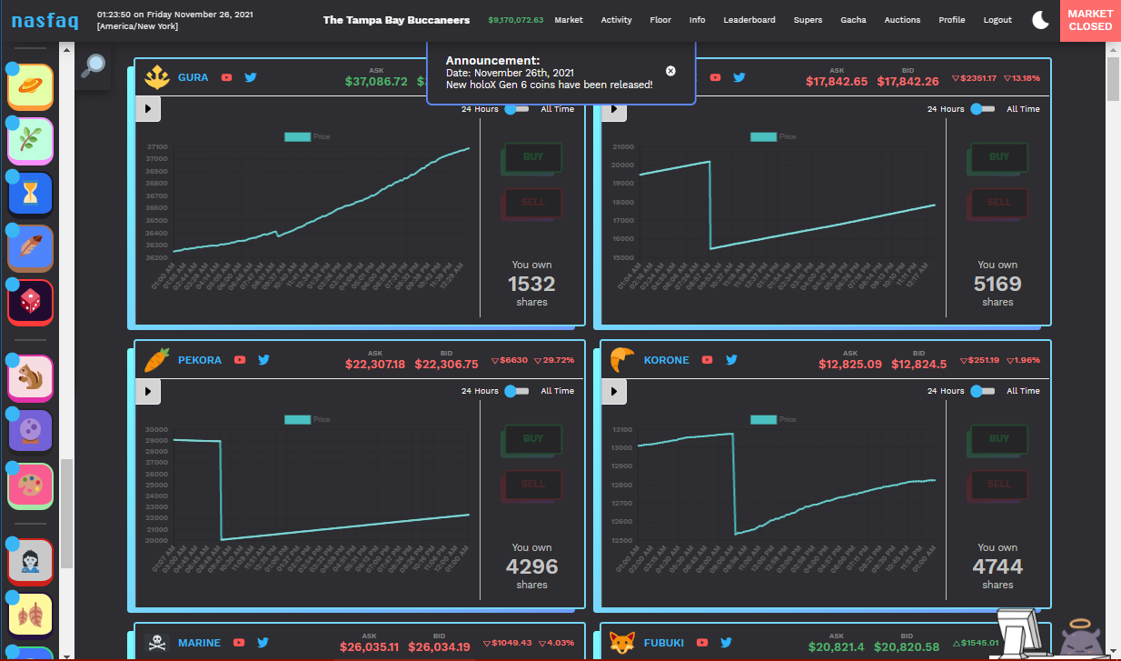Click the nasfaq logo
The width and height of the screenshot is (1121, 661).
tap(45, 20)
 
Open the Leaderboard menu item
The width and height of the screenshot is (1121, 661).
tap(749, 20)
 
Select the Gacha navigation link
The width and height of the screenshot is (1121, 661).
tap(853, 20)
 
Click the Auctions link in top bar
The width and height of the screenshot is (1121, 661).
tap(902, 20)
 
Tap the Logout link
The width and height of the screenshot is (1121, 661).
tap(997, 20)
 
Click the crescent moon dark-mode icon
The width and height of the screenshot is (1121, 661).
tap(1041, 20)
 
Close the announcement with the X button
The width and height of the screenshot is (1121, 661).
tap(670, 71)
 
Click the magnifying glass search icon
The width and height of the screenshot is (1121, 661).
tap(93, 65)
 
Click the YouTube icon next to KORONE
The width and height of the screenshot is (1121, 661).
tap(706, 360)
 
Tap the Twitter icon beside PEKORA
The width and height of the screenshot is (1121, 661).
tap(264, 360)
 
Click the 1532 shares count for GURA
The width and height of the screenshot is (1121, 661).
tap(531, 284)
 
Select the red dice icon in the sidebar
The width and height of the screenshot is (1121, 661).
tap(31, 303)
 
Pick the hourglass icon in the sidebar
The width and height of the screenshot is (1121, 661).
tap(31, 194)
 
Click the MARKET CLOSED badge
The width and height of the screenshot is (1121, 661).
tap(1090, 20)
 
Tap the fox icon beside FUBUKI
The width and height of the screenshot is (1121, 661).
tap(622, 643)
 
